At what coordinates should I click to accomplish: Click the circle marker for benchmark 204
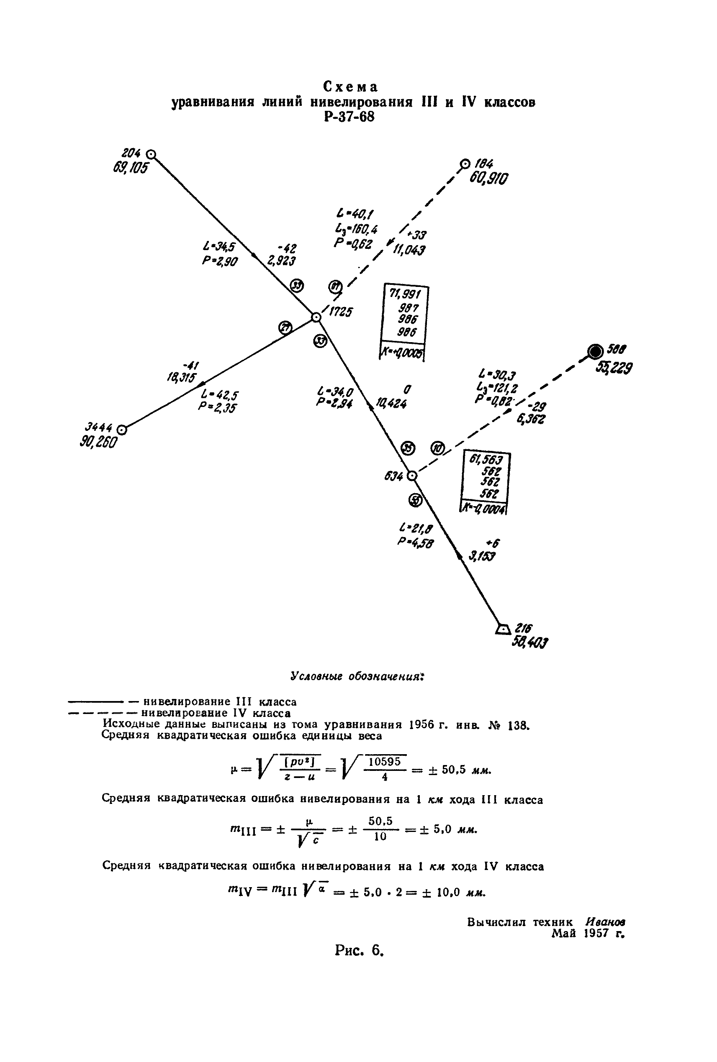pyautogui.click(x=152, y=154)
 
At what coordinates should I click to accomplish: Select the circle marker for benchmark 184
pyautogui.click(x=465, y=164)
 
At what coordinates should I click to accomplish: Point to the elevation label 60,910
pyautogui.click(x=488, y=178)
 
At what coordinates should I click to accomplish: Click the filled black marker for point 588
pyautogui.click(x=595, y=351)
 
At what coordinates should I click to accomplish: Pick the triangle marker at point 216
pyautogui.click(x=503, y=629)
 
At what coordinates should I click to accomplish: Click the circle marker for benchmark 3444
pyautogui.click(x=122, y=430)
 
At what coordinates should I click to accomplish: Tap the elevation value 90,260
pyautogui.click(x=98, y=443)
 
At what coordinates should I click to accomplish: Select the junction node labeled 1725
pyautogui.click(x=316, y=317)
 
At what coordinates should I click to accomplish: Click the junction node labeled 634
pyautogui.click(x=412, y=476)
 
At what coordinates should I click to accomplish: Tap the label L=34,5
pyautogui.click(x=219, y=247)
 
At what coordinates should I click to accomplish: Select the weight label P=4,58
pyautogui.click(x=415, y=543)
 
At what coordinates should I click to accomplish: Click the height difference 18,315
pyautogui.click(x=181, y=377)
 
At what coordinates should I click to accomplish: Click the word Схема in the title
pyautogui.click(x=351, y=86)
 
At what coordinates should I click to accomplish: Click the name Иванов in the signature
pyautogui.click(x=605, y=922)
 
